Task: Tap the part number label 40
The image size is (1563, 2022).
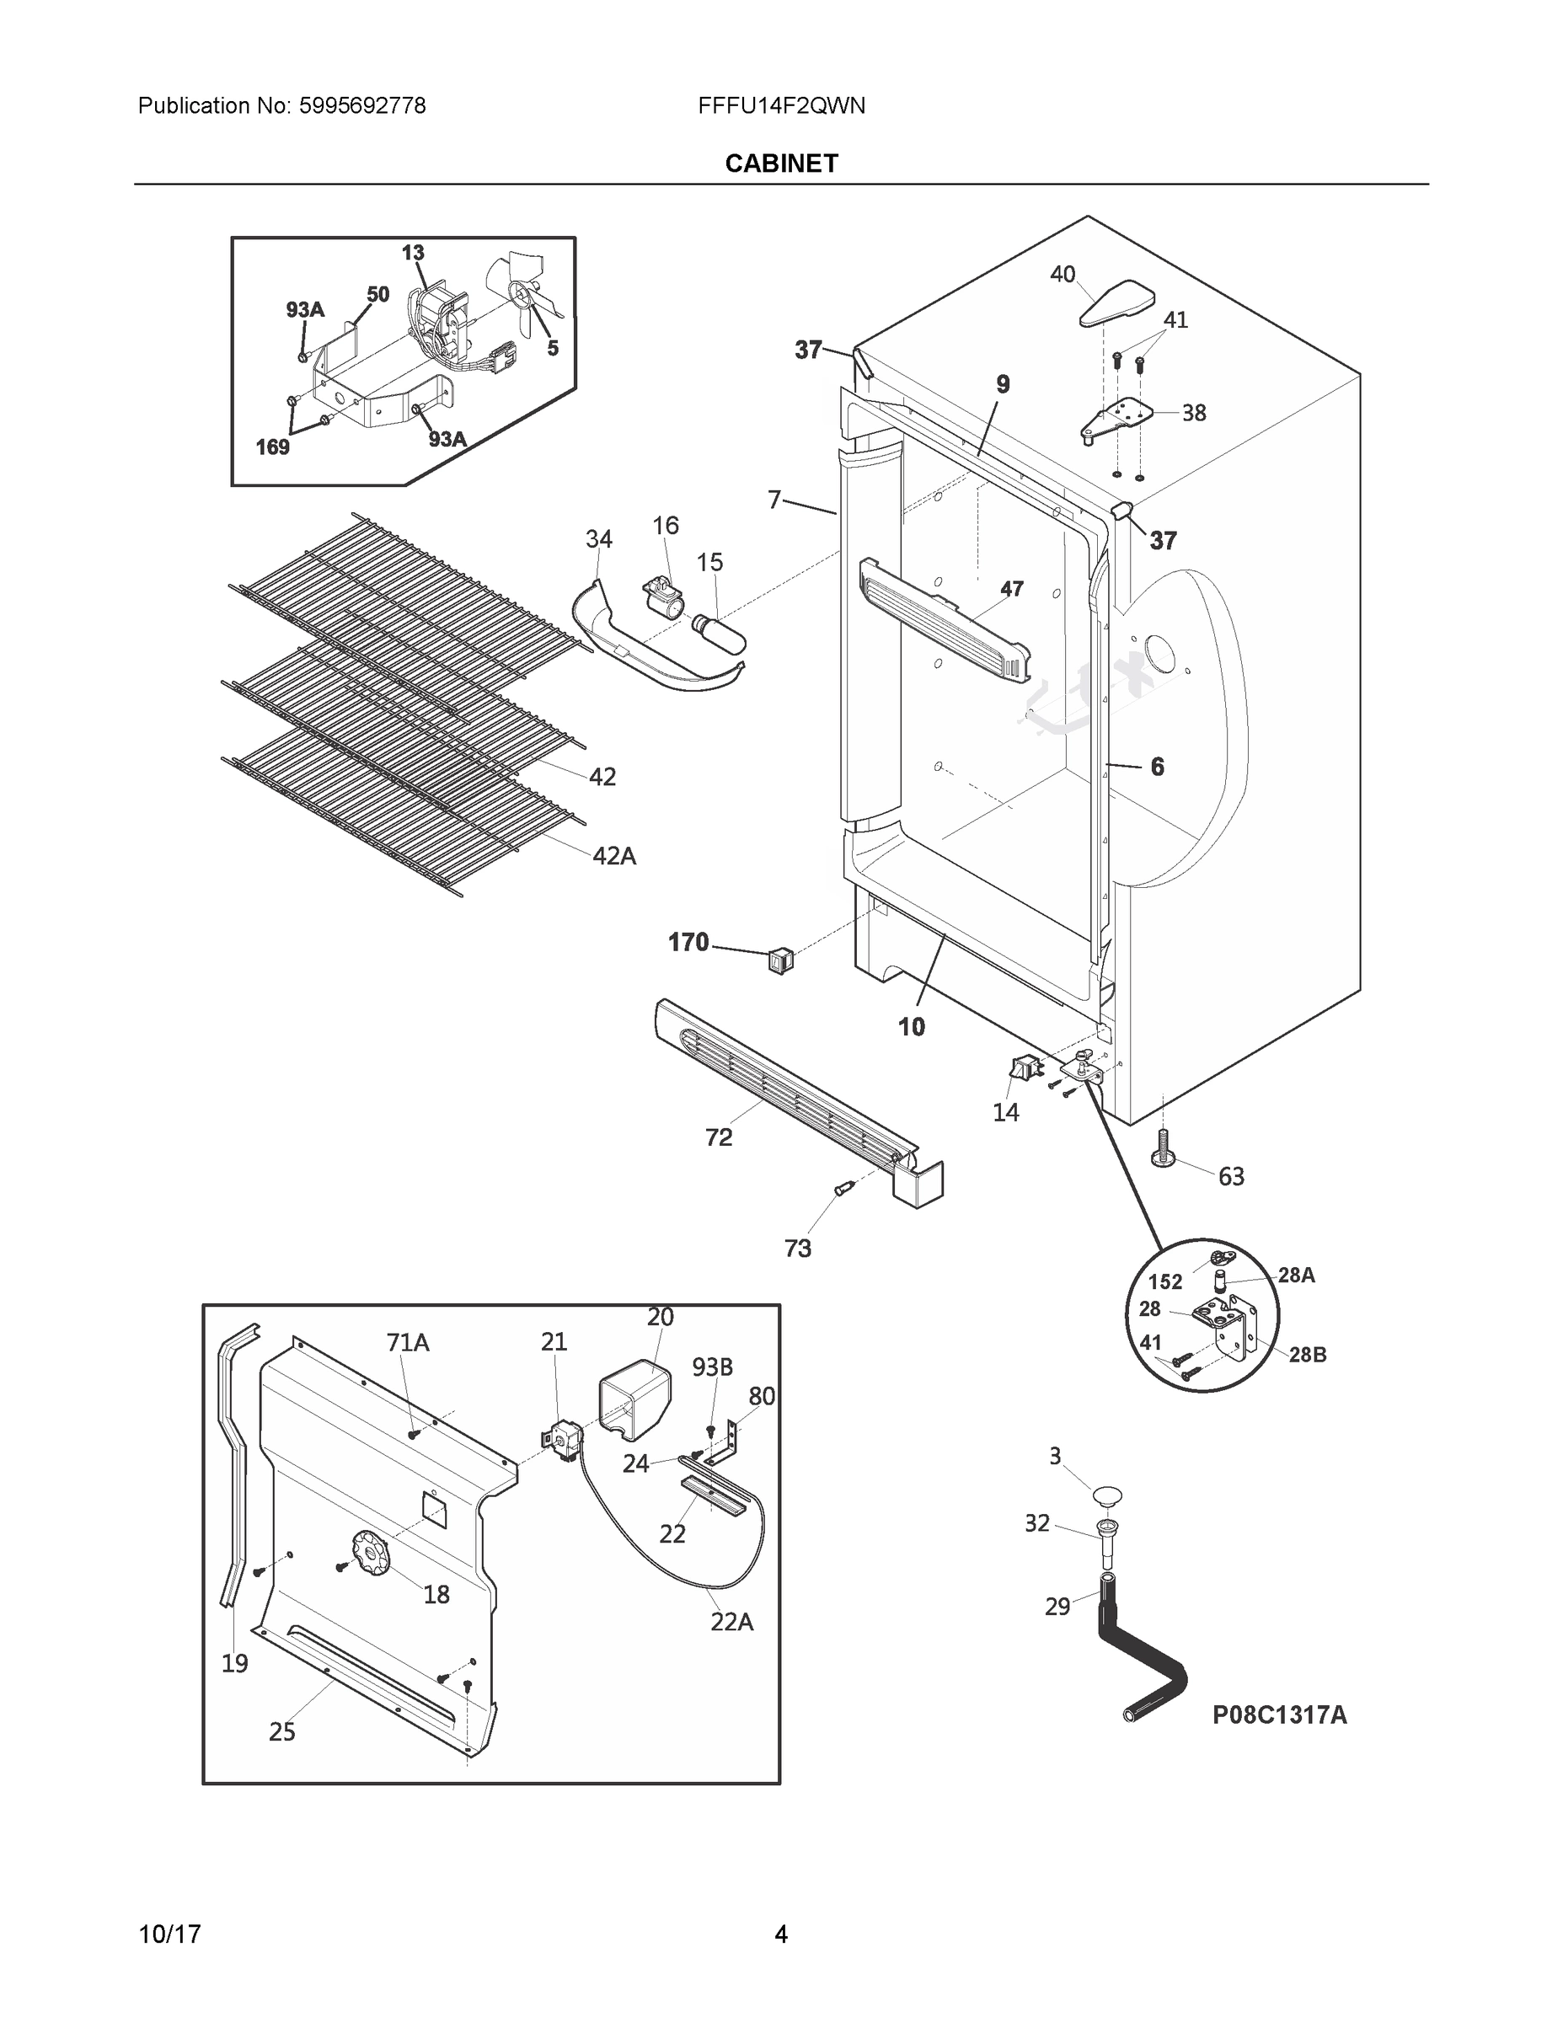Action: (x=1062, y=274)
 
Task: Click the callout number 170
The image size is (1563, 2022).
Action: (x=688, y=943)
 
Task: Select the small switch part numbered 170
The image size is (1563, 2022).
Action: (x=780, y=962)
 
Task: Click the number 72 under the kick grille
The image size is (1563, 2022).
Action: (x=719, y=1137)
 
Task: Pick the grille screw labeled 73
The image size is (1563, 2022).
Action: (x=843, y=1190)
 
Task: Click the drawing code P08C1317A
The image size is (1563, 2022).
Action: (x=1280, y=1715)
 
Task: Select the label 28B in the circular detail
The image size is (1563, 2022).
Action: (x=1307, y=1355)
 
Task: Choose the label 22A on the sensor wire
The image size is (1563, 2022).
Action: (x=731, y=1622)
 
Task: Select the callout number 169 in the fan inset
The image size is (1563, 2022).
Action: (x=272, y=448)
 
